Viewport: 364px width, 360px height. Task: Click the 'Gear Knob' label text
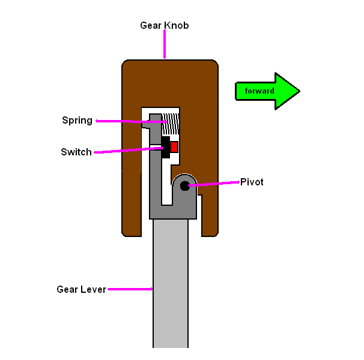coord(164,26)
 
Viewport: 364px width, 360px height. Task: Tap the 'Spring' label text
coord(77,120)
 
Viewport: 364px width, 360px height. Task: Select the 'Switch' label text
coord(76,152)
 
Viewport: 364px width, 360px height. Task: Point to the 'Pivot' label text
coord(252,181)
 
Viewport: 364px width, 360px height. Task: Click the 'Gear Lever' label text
coord(81,289)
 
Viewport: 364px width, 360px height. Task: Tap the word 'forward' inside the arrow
coord(259,91)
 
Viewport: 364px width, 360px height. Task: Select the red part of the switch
coord(174,146)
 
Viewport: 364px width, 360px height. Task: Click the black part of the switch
coord(165,148)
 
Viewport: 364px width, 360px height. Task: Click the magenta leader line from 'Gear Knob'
coord(164,45)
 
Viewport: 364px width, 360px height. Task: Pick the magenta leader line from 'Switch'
coord(126,150)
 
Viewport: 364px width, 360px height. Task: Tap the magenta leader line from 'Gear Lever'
coord(129,289)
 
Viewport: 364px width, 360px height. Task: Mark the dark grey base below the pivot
coord(174,211)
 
